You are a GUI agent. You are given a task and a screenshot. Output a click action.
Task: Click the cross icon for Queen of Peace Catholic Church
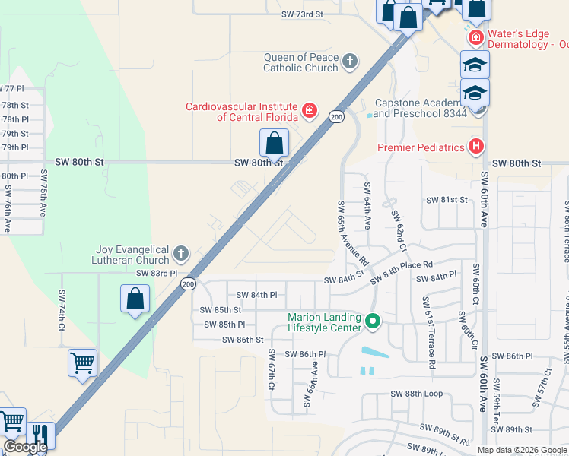pyautogui.click(x=350, y=61)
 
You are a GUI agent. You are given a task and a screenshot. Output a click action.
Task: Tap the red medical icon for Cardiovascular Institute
pyautogui.click(x=310, y=112)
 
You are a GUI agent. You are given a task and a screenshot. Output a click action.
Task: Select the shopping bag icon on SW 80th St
pyautogui.click(x=274, y=143)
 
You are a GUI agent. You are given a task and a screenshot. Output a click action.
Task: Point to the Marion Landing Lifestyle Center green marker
pyautogui.click(x=373, y=322)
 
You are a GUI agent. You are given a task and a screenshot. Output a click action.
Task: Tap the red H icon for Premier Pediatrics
pyautogui.click(x=476, y=146)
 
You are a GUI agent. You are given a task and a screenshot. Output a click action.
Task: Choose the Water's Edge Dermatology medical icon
pyautogui.click(x=475, y=37)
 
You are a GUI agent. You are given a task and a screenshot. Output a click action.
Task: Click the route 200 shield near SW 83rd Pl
pyautogui.click(x=187, y=283)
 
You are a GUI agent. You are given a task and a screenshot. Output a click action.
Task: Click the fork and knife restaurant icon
pyautogui.click(x=41, y=436)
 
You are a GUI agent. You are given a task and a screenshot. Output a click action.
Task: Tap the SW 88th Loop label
pyautogui.click(x=415, y=394)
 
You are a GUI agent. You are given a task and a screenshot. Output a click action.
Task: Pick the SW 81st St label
pyautogui.click(x=447, y=200)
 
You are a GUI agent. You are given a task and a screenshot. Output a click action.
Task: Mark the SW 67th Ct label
pyautogui.click(x=271, y=370)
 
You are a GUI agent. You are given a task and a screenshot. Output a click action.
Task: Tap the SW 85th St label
pyautogui.click(x=220, y=310)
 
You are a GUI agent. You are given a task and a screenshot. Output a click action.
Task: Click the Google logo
pyautogui.click(x=25, y=447)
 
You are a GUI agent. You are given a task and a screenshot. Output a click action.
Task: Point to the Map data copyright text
pyautogui.click(x=523, y=449)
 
